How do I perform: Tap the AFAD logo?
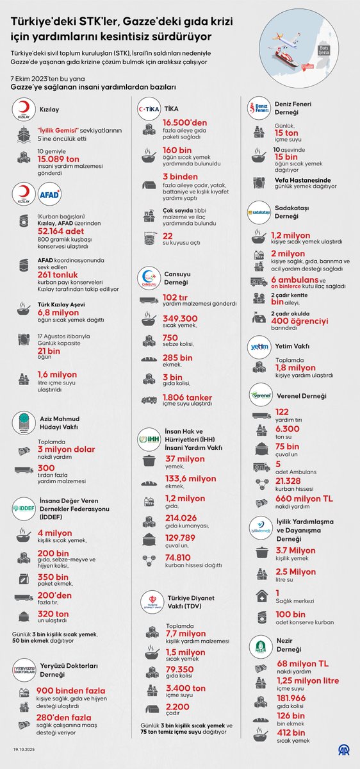(49, 194)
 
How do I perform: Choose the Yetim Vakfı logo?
(261, 347)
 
